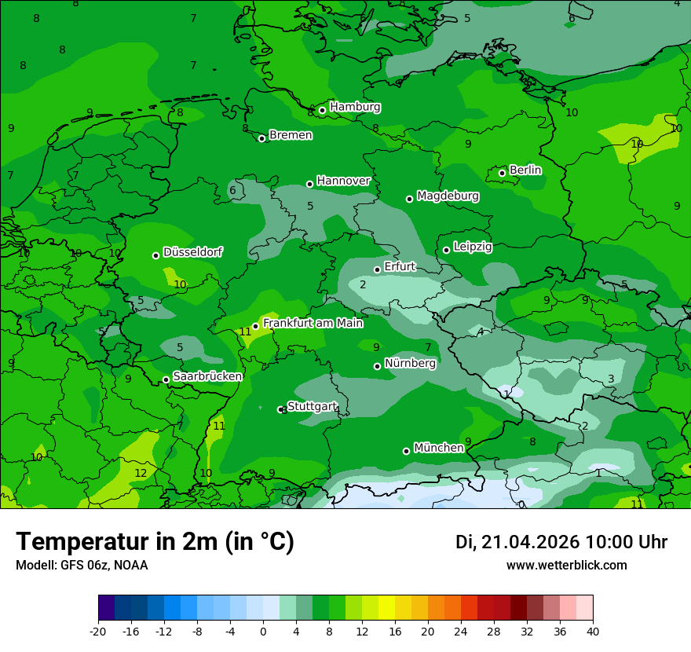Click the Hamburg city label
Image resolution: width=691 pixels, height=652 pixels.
(355, 107)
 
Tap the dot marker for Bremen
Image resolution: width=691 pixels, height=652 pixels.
(261, 138)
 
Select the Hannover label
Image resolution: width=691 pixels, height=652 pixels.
(343, 181)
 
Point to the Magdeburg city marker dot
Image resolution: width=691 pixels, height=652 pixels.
(409, 199)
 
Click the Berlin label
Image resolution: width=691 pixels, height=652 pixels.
(525, 170)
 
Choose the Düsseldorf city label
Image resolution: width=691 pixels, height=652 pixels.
(192, 252)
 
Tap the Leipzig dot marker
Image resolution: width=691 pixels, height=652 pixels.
(446, 250)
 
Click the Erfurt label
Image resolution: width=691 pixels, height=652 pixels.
(399, 266)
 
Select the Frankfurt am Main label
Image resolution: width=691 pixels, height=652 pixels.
(313, 323)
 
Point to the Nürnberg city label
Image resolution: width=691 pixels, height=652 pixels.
(410, 363)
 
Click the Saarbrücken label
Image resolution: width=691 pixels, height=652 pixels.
(207, 376)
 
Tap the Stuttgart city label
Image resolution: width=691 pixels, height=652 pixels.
(312, 406)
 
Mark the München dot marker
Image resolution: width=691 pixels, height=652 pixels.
(406, 451)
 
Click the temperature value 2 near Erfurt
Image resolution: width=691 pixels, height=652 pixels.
(363, 284)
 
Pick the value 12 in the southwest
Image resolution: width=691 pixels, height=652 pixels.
(141, 473)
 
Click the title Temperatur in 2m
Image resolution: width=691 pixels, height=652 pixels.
(155, 542)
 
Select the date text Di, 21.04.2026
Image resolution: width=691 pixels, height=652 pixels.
(517, 542)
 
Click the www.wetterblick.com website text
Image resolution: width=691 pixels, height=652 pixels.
(566, 565)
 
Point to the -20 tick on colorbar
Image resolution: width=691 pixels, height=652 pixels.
(98, 631)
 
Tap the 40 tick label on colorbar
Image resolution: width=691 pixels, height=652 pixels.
(592, 631)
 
